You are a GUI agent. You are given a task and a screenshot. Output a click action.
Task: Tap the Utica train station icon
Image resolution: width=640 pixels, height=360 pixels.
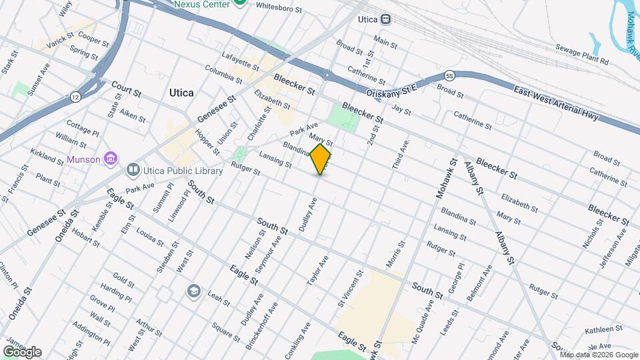click(386, 19)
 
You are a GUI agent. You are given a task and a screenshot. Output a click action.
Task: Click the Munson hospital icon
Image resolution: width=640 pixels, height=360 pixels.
click(111, 159)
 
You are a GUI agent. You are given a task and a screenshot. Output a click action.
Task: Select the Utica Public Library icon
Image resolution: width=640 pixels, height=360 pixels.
click(133, 171)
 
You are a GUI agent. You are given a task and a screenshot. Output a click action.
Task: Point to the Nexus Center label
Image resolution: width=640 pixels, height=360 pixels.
click(201, 4)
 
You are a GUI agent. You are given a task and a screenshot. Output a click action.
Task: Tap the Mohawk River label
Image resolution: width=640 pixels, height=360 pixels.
click(631, 33)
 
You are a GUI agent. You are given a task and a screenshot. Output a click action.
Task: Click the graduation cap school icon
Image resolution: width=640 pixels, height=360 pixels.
click(194, 291)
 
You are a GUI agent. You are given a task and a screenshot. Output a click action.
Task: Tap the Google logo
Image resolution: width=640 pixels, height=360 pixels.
click(22, 352)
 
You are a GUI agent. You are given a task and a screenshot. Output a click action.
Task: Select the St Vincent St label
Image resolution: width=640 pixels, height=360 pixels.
click(351, 289)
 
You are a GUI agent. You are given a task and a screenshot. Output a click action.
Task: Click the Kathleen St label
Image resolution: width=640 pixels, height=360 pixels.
click(603, 329)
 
